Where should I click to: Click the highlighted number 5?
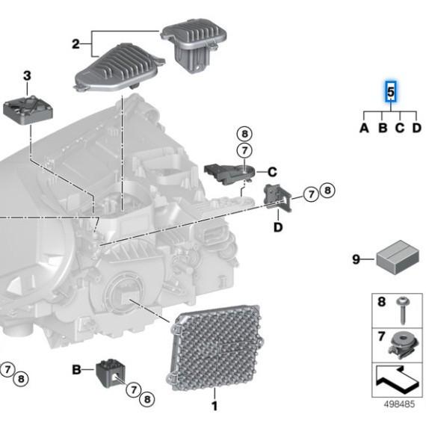[x=390, y=92]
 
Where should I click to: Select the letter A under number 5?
[x=364, y=128]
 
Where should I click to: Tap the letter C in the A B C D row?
[x=400, y=128]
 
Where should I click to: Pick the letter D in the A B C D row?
[x=417, y=128]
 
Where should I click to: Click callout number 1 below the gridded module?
[x=214, y=407]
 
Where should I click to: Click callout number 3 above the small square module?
[x=27, y=75]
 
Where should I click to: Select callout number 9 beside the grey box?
[x=356, y=259]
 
